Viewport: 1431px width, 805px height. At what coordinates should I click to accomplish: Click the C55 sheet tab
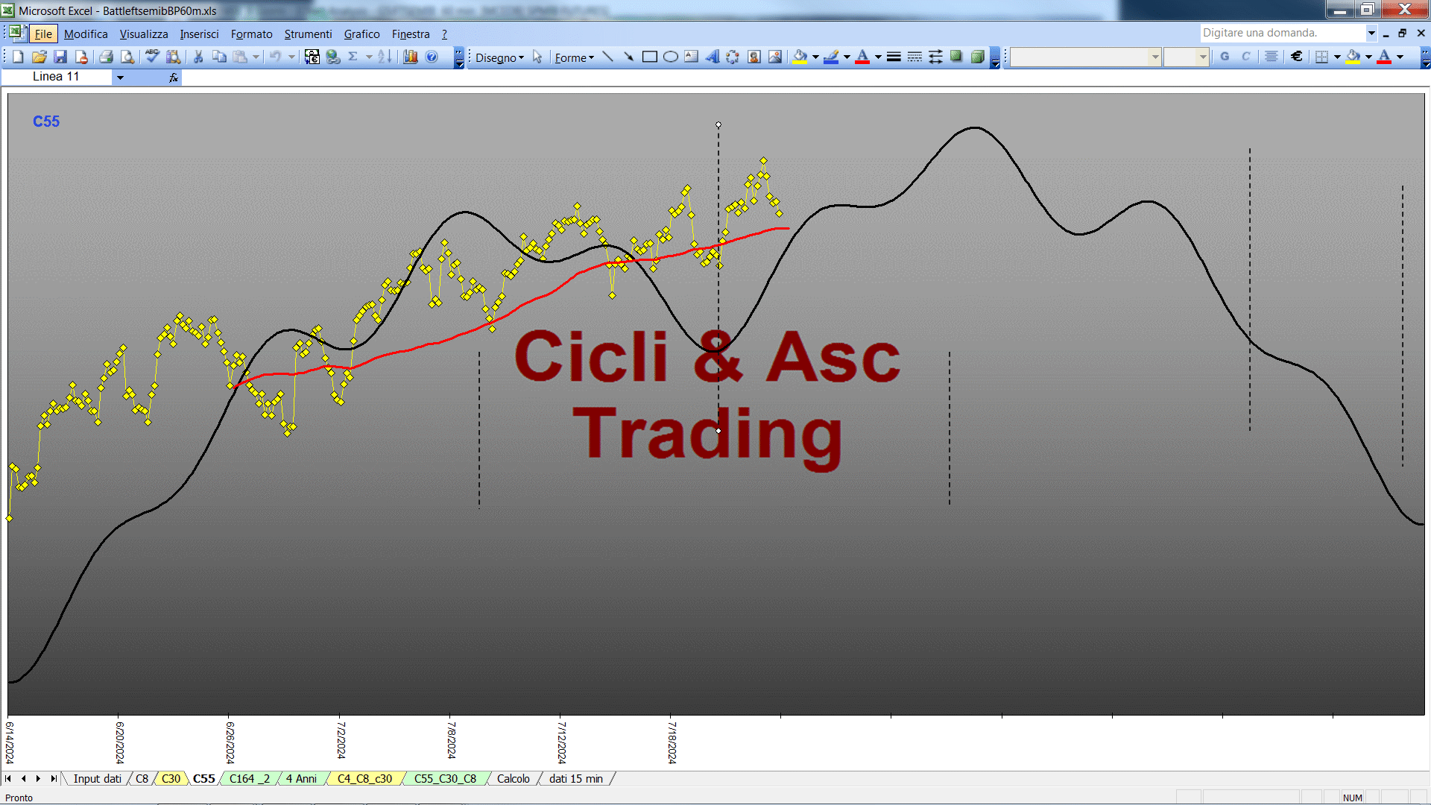coord(203,779)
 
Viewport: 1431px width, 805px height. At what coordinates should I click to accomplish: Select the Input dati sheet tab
coord(97,779)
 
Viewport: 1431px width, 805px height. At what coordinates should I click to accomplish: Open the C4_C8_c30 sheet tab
coord(364,779)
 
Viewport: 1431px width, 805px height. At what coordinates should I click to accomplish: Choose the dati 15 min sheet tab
coord(576,779)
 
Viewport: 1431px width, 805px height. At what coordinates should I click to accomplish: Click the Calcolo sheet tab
coord(514,779)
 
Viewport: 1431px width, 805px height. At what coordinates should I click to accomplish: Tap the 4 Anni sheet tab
coord(301,779)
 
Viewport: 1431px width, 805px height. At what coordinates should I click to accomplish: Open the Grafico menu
coord(361,34)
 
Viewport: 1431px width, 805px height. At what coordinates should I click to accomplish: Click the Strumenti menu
coord(308,34)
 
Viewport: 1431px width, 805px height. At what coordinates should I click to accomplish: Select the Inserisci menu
coord(199,34)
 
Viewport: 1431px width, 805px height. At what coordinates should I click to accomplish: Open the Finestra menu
coord(411,34)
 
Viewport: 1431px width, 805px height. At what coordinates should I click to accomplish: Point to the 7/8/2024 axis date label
coord(451,739)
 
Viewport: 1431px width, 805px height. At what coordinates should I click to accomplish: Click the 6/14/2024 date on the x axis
coord(10,742)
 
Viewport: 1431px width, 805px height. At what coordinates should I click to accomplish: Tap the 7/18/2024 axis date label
coord(672,742)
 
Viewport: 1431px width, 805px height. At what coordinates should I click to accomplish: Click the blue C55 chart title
coord(46,121)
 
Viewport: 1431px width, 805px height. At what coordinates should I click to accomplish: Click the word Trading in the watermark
coord(707,435)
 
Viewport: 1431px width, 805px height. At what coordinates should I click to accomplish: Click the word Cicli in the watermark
coord(591,356)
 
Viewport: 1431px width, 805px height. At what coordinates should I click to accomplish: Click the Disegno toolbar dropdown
coord(499,57)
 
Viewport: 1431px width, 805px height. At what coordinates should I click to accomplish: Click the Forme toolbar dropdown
coord(574,57)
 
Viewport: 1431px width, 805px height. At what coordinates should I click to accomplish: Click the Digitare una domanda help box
coord(1282,33)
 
